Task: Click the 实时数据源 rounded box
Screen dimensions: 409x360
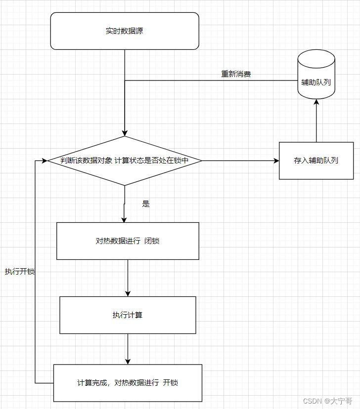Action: [125, 31]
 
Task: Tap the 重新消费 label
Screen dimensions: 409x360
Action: [236, 75]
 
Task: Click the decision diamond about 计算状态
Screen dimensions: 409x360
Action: [124, 161]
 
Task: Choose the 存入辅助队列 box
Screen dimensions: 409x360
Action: [316, 161]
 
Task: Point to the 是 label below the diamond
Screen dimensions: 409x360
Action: [145, 204]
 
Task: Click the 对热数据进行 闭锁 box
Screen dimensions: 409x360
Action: [128, 241]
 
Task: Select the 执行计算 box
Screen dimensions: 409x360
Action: [128, 315]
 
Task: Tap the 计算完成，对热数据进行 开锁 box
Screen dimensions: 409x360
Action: [128, 383]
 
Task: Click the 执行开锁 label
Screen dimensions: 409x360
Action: [20, 272]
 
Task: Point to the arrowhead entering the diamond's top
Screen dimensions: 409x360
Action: [125, 133]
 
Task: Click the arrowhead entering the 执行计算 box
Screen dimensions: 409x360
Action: [128, 293]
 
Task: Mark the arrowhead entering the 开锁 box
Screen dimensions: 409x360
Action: [128, 361]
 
